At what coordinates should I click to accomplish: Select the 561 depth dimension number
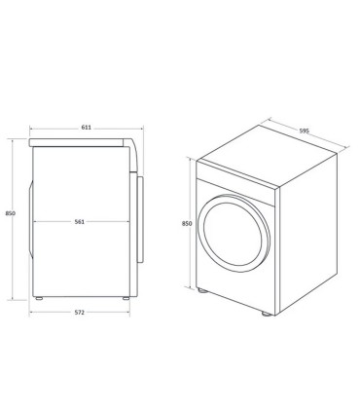pos(79,222)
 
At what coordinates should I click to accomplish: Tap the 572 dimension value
pos(79,312)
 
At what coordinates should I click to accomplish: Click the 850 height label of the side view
pos(9,214)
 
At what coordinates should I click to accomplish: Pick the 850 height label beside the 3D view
pos(186,224)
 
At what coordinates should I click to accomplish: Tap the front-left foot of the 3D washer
pos(200,290)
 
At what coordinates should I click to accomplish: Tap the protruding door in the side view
pos(144,219)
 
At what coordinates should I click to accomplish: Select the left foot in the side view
pos(37,296)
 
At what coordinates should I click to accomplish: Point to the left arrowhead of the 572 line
pos(30,313)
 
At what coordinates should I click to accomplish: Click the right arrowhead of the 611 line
pos(142,128)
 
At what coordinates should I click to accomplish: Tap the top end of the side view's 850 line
pos(12,139)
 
